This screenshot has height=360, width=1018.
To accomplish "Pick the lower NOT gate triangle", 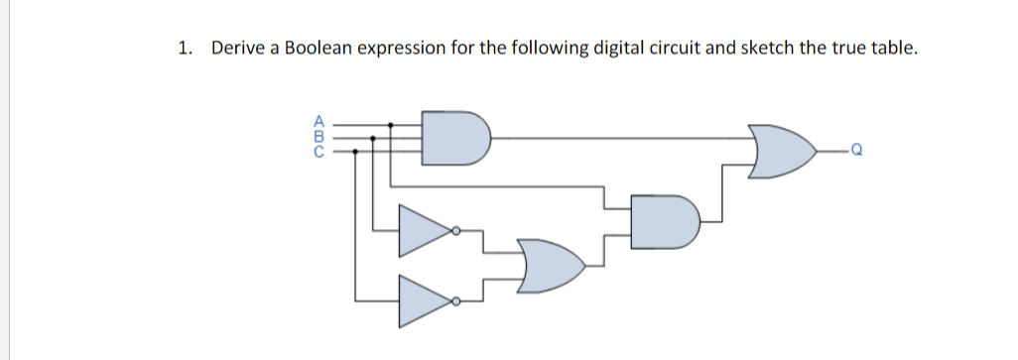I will pos(424,300).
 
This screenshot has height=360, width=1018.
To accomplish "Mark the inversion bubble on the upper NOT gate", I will pos(455,231).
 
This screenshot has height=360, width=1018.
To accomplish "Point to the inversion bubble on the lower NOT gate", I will pos(455,300).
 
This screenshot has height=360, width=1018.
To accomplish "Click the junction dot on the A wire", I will pos(390,125).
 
